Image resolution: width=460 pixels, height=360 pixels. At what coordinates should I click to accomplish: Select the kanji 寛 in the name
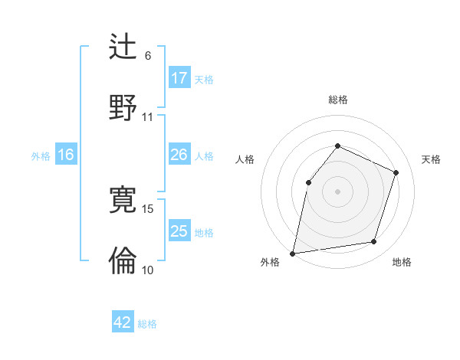[x=123, y=200]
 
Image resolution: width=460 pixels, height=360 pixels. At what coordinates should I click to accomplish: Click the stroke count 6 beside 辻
[x=148, y=56]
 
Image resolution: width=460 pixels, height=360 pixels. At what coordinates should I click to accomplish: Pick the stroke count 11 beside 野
[x=148, y=117]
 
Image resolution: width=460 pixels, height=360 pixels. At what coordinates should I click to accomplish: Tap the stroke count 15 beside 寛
[x=148, y=208]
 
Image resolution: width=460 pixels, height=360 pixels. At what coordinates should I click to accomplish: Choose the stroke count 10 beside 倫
[x=148, y=270]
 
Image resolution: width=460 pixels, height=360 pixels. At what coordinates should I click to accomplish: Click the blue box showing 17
[x=179, y=78]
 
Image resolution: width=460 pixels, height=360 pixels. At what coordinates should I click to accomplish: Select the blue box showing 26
[x=179, y=155]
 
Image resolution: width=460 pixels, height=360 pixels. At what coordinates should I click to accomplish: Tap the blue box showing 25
[x=179, y=231]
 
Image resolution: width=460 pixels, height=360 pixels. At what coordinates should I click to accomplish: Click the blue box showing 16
[x=66, y=155]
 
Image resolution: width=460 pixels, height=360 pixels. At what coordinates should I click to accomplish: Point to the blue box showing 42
[x=123, y=322]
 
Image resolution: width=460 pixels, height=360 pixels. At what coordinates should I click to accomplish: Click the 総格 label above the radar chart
[x=337, y=100]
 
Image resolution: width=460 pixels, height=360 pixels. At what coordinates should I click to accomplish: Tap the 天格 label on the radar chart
[x=431, y=159]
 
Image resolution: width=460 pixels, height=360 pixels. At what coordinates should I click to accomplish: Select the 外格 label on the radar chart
[x=270, y=263]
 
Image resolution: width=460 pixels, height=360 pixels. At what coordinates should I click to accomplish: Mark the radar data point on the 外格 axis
[x=293, y=253]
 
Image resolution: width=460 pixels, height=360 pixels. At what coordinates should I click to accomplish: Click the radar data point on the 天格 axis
[x=396, y=172]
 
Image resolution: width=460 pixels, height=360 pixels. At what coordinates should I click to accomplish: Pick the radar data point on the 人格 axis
[x=308, y=182]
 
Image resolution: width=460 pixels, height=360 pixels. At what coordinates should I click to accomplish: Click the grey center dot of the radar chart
[x=337, y=191]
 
